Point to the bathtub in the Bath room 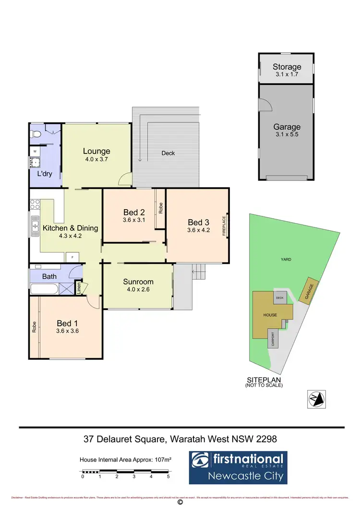44,289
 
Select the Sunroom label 138,282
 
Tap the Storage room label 287,67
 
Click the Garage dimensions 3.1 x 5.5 287,135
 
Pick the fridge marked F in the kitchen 72,257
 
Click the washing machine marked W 35,151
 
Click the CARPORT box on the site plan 272,339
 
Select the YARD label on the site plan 286,260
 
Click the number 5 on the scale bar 168,477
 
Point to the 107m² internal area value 163,460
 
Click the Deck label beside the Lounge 168,153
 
